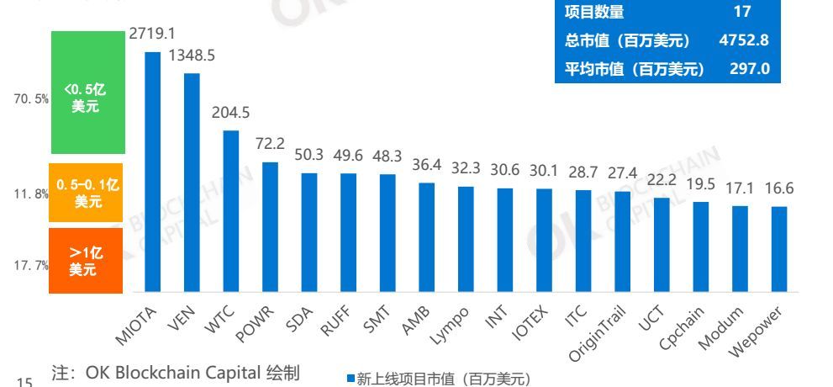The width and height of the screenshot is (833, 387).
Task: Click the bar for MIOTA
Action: pos(152,172)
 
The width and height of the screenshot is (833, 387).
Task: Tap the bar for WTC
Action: pos(231,210)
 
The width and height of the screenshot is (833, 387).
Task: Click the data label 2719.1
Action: pos(152,34)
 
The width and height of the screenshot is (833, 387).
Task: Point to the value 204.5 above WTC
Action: pos(231,114)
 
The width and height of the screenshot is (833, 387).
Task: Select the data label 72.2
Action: pos(270,145)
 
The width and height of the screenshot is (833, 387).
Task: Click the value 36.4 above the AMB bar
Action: pos(427,166)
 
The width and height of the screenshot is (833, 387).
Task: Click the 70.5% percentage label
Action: pos(32,99)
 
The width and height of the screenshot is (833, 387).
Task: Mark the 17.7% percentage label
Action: pos(32,266)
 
